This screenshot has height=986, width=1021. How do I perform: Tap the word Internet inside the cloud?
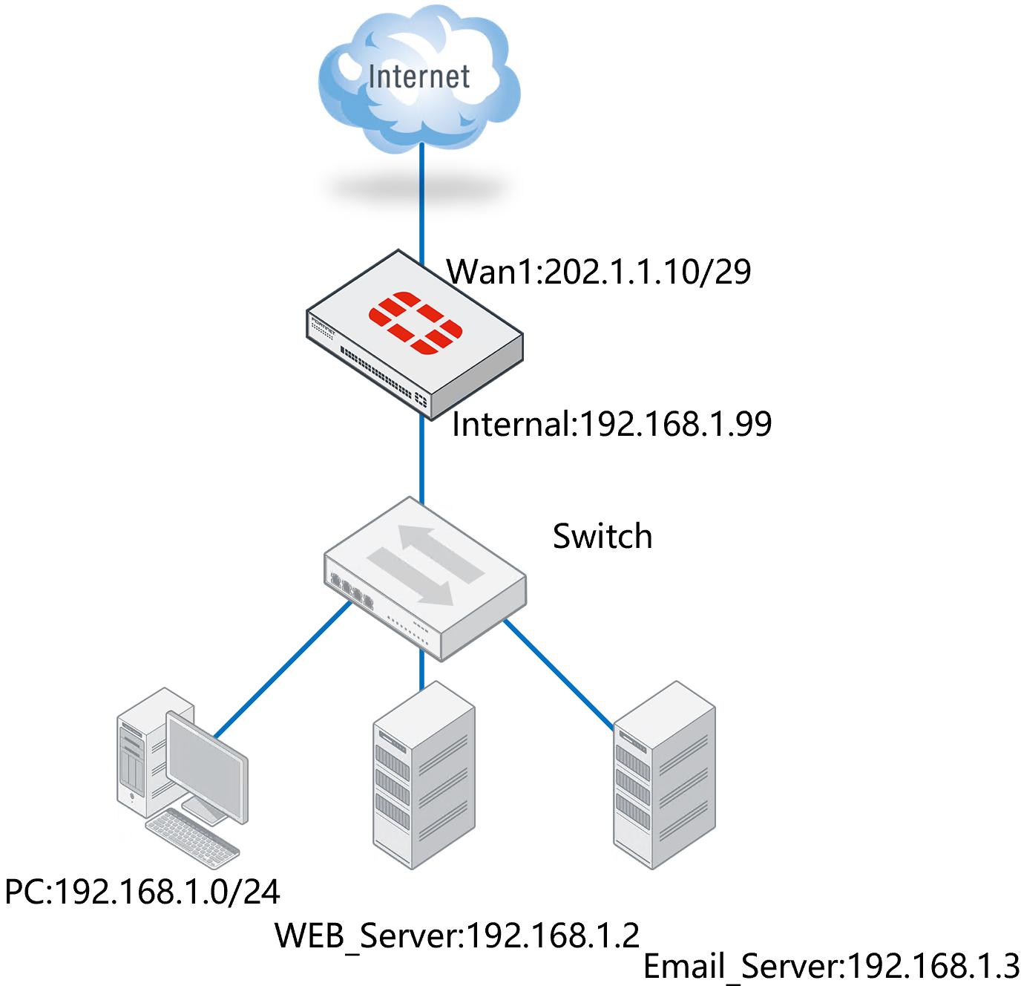click(x=418, y=76)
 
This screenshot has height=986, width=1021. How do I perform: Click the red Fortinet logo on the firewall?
click(x=416, y=322)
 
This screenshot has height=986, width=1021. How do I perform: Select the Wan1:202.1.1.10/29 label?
click(x=599, y=272)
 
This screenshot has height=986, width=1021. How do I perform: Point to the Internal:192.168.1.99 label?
click(x=611, y=425)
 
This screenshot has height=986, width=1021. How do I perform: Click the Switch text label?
click(x=603, y=536)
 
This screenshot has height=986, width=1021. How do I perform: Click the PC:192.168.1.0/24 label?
click(x=142, y=892)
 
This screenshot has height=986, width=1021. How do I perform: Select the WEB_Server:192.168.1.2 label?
click(x=457, y=936)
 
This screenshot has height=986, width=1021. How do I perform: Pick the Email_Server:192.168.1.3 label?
click(x=831, y=967)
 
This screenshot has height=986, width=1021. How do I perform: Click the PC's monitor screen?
click(x=206, y=765)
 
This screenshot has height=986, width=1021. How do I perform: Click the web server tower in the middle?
click(x=424, y=776)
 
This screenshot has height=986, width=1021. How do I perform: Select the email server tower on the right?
click(x=664, y=776)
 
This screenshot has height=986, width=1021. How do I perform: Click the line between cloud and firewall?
click(x=421, y=200)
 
